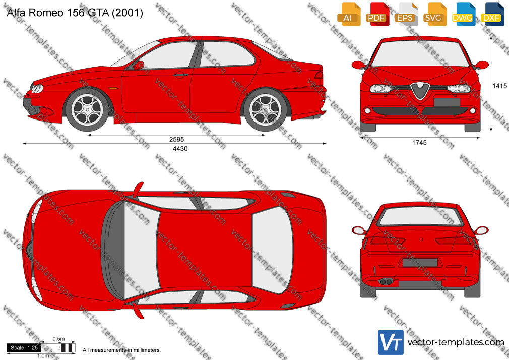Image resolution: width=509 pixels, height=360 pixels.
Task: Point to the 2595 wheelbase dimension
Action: tap(176, 139)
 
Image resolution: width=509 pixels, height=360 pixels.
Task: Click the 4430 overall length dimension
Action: tap(180, 148)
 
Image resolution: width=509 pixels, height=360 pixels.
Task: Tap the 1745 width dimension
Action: tap(419, 142)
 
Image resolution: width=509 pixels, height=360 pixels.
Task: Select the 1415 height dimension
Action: tap(499, 86)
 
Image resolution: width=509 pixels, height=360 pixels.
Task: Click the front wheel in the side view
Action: tap(87, 109)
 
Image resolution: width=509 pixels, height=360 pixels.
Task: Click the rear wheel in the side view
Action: tap(266, 109)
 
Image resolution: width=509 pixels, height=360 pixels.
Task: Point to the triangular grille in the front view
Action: tap(420, 91)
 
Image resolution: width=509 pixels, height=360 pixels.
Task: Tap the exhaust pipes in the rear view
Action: tap(386, 281)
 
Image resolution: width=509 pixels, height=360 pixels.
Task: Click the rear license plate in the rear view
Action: tap(420, 263)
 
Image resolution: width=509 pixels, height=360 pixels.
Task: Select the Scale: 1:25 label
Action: tap(24, 348)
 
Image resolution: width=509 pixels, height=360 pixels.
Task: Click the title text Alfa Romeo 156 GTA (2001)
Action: tap(75, 13)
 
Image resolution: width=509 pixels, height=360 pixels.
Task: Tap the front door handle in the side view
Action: tap(181, 75)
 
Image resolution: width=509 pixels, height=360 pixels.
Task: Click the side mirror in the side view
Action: tap(139, 65)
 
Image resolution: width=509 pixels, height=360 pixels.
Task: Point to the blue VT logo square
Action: tap(391, 342)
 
